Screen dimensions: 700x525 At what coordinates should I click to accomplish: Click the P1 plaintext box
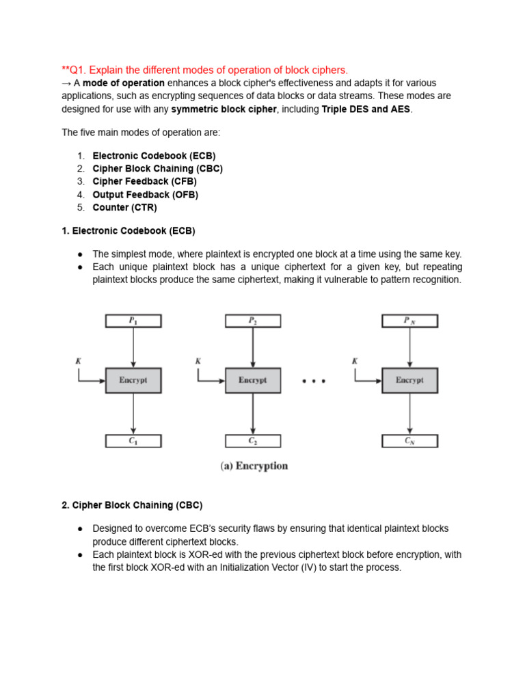pyautogui.click(x=133, y=321)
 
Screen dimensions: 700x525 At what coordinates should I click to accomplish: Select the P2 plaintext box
pyautogui.click(x=252, y=321)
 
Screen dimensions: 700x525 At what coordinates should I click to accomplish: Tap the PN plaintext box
pyautogui.click(x=409, y=321)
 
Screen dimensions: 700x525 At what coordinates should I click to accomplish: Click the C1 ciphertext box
pyautogui.click(x=133, y=441)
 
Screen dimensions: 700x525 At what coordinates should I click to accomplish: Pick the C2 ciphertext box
pyautogui.click(x=252, y=441)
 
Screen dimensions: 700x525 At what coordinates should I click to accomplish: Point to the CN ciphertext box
pyautogui.click(x=409, y=441)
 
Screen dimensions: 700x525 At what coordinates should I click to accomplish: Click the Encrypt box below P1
pyautogui.click(x=133, y=380)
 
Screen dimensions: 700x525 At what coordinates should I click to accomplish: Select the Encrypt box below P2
pyautogui.click(x=252, y=380)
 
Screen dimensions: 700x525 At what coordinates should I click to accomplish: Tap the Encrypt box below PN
pyautogui.click(x=409, y=380)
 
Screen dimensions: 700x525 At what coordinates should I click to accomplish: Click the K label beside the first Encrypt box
pyautogui.click(x=79, y=360)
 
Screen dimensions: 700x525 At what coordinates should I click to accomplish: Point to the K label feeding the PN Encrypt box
pyautogui.click(x=355, y=360)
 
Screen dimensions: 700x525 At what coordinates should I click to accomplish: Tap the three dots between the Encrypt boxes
pyautogui.click(x=314, y=381)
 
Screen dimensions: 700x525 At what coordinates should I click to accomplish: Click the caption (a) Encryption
pyautogui.click(x=254, y=466)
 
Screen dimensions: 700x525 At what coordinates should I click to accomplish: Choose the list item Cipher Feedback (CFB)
pyautogui.click(x=144, y=181)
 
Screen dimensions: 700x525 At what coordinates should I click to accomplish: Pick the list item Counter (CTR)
pyautogui.click(x=124, y=207)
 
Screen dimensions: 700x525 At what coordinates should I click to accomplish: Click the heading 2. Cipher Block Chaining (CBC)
pyautogui.click(x=132, y=505)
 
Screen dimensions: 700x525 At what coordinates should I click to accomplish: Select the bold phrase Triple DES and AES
pyautogui.click(x=366, y=109)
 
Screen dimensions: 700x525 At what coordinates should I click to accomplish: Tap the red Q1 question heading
pyautogui.click(x=204, y=70)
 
